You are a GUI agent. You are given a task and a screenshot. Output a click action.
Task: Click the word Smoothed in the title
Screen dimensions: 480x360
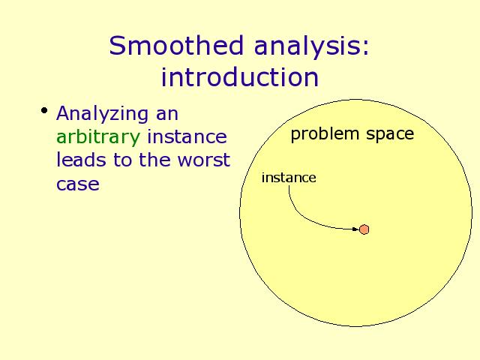pyautogui.click(x=176, y=45)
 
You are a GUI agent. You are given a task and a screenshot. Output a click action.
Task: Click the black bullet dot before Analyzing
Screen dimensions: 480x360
pyautogui.click(x=44, y=110)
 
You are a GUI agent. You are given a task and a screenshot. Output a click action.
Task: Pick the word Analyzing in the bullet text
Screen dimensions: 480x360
pyautogui.click(x=102, y=115)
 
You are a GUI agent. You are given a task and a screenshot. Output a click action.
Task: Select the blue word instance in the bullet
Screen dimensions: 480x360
pyautogui.click(x=187, y=136)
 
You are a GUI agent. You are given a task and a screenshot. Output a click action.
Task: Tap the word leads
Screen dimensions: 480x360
pyautogui.click(x=81, y=160)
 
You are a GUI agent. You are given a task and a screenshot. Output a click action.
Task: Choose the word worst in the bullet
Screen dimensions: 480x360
pyautogui.click(x=204, y=160)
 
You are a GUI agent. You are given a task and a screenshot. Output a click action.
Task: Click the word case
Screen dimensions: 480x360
pyautogui.click(x=78, y=184)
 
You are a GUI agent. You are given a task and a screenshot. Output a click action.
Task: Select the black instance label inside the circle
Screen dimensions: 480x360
pyautogui.click(x=289, y=178)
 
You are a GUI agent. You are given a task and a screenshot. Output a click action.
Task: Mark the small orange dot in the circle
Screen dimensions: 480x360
pyautogui.click(x=364, y=229)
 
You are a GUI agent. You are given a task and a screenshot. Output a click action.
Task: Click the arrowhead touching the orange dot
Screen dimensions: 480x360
pyautogui.click(x=356, y=229)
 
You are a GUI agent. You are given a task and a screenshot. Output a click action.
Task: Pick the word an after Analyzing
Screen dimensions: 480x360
pyautogui.click(x=167, y=115)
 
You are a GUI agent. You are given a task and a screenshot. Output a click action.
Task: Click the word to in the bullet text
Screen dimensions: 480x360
pyautogui.click(x=122, y=160)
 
